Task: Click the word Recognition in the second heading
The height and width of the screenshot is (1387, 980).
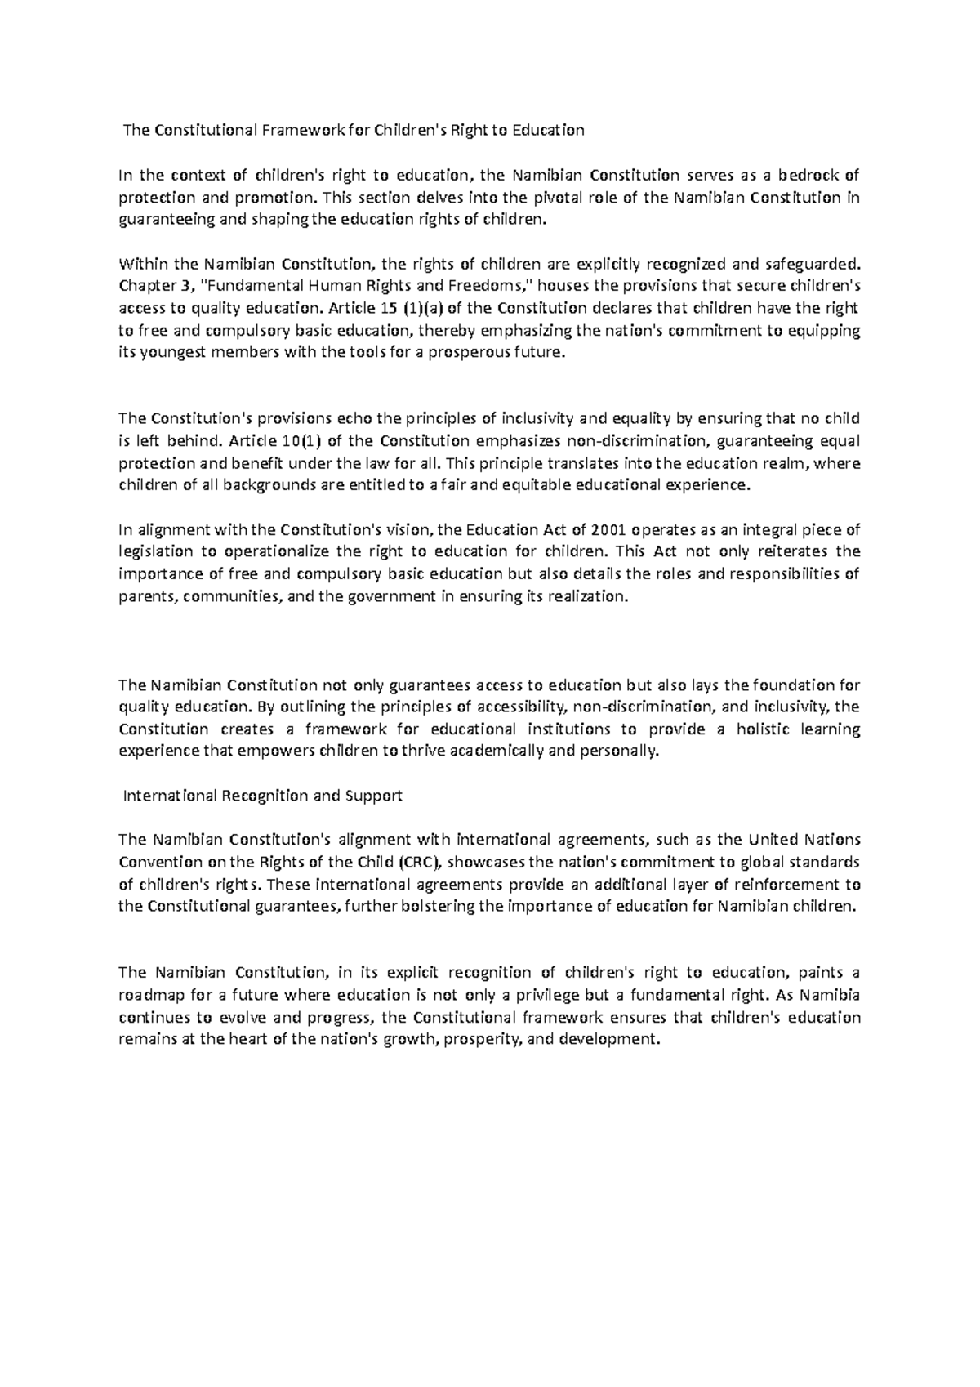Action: coord(261,796)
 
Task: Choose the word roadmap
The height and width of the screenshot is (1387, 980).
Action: coord(153,995)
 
